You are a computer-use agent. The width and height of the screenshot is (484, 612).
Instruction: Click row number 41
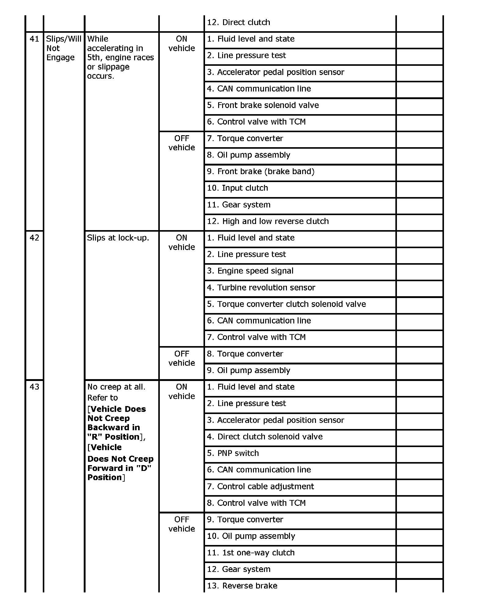[x=34, y=39]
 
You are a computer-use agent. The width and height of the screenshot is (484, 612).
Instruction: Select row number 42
[x=34, y=238]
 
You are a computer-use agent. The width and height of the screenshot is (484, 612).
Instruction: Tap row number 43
[x=34, y=387]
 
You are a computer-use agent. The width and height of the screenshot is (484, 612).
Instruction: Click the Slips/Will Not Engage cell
[x=64, y=48]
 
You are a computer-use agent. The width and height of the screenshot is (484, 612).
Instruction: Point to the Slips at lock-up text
[x=118, y=238]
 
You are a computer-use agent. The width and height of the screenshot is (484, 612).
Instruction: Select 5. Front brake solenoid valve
[x=263, y=105]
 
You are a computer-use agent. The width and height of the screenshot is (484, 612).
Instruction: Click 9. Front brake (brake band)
[x=261, y=171]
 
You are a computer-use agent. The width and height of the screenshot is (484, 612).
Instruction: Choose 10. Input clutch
[x=237, y=188]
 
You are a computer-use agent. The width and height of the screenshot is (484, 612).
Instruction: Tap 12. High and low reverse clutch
[x=268, y=221]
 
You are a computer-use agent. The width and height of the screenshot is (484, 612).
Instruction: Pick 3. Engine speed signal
[x=250, y=271]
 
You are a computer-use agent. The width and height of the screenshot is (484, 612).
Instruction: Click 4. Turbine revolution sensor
[x=261, y=288]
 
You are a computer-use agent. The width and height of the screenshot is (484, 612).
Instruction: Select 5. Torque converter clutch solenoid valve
[x=286, y=304]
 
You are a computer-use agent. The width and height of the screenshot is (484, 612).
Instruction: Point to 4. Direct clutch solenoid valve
[x=265, y=437]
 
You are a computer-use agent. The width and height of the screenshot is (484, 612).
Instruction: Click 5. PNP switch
[x=233, y=453]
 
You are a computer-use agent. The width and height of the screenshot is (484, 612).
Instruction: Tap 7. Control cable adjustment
[x=260, y=487]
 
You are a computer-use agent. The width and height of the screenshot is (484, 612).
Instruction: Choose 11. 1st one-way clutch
[x=251, y=553]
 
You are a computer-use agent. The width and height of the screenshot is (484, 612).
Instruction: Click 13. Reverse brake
[x=242, y=586]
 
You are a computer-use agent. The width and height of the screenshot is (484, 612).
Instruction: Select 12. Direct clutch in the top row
[x=238, y=22]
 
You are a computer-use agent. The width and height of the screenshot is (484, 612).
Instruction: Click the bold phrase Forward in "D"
[x=119, y=468]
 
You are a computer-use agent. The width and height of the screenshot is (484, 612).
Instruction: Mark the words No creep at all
[x=116, y=387]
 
